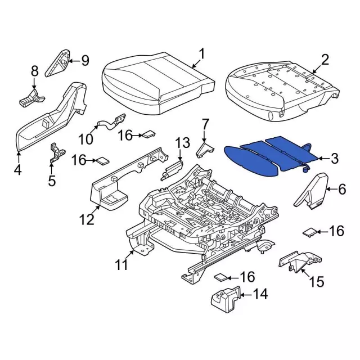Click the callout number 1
coord(201,55)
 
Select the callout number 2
coord(325,60)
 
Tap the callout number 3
coord(334,160)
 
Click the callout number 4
coord(18,169)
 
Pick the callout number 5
coord(52,181)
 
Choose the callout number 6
coord(341,190)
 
